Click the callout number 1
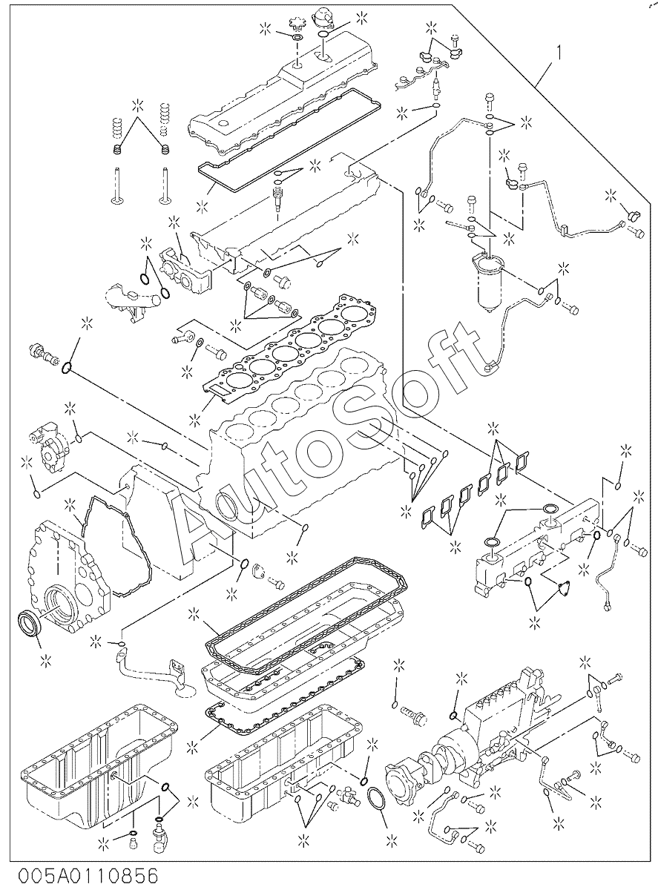559,53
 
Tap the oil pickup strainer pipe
154,677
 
